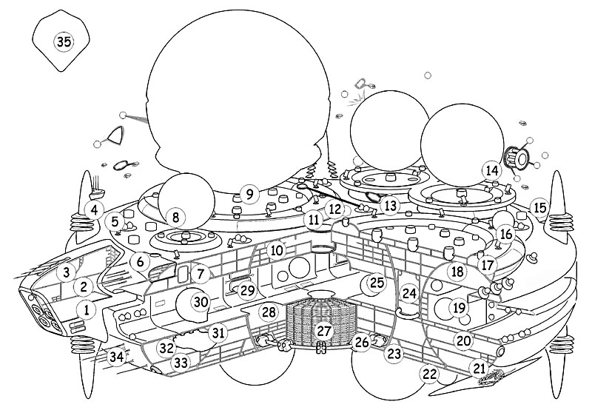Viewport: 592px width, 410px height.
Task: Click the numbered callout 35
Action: tap(64, 41)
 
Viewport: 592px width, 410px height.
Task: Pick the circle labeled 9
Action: tap(249, 194)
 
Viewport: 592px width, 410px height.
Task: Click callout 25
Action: tap(377, 283)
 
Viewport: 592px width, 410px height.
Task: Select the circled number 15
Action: tap(540, 208)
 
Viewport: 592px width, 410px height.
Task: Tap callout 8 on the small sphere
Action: tap(175, 218)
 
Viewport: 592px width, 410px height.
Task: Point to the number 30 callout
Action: tap(201, 301)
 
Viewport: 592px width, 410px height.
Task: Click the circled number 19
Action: tap(460, 307)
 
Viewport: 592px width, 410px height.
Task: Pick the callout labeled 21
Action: tap(480, 367)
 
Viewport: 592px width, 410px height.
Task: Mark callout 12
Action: tap(334, 209)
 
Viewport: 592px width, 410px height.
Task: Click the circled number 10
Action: tap(277, 251)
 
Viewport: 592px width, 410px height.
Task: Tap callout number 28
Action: tap(268, 312)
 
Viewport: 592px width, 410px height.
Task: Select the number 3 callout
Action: tap(67, 272)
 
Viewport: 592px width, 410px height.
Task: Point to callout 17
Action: tap(486, 264)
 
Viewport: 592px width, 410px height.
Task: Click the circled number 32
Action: tap(166, 347)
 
